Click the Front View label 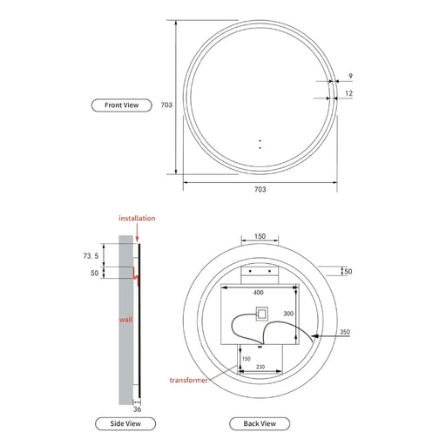point(123,105)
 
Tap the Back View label point(259,423)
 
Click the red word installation point(138,218)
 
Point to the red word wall point(126,321)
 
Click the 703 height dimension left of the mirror point(167,105)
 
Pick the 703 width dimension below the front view point(260,189)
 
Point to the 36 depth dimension point(137,408)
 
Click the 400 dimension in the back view point(258,294)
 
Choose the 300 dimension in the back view point(288,314)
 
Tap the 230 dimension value point(260,367)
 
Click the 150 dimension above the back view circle point(260,236)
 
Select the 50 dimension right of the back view point(348,273)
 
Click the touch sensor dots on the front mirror point(259,144)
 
